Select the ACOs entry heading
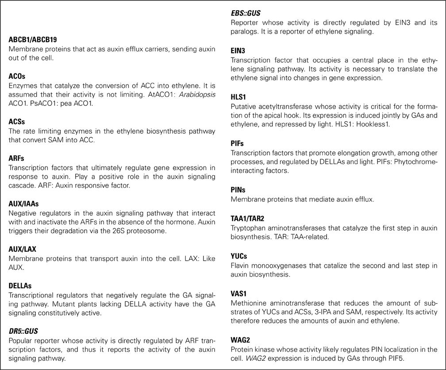17,76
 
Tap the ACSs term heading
16,121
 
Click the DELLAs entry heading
20,285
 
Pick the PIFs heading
237,143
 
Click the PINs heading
238,189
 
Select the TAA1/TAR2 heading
247,219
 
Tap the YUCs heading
239,256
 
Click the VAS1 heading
238,293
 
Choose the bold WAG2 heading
239,339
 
